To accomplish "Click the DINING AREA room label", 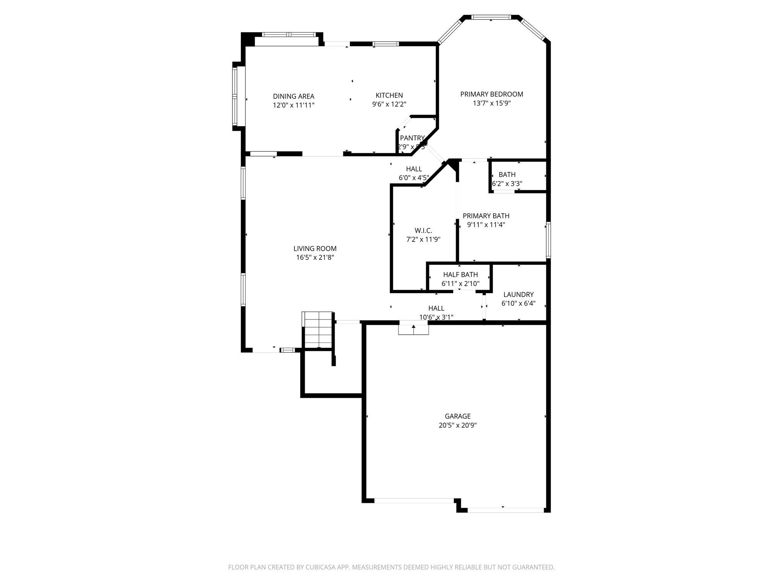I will (x=293, y=96).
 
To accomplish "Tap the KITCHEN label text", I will (x=389, y=95).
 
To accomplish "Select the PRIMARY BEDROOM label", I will (x=491, y=94).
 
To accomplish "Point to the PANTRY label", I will (x=412, y=138).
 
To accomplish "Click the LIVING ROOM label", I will (x=315, y=248).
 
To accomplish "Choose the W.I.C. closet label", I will (x=423, y=230).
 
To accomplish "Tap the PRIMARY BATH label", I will (x=486, y=216).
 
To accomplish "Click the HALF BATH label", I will (x=460, y=274).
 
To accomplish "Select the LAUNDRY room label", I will (x=518, y=294).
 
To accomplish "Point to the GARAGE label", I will (x=457, y=416).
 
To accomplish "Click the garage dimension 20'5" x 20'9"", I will (x=457, y=425).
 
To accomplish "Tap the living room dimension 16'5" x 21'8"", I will (x=315, y=258).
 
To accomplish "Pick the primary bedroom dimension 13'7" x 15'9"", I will (x=491, y=103).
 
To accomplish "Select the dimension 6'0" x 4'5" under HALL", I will (x=414, y=178).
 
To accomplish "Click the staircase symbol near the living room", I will (x=317, y=329).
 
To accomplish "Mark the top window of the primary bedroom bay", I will (x=491, y=17).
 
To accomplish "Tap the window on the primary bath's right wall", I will (x=548, y=240).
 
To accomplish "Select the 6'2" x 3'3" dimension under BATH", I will (x=507, y=183).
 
